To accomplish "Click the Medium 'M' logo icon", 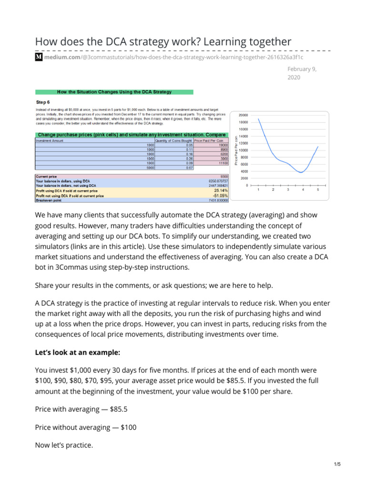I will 39,57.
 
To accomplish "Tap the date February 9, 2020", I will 302,73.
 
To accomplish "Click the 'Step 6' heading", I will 43,102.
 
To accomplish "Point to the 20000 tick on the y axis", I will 243,115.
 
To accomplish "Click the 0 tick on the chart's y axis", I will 247,185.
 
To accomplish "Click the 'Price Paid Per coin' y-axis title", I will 235,151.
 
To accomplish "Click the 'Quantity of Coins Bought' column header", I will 173,141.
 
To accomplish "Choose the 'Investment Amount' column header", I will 50,141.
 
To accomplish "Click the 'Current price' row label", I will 46,176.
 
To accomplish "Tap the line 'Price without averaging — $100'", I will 86,427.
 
